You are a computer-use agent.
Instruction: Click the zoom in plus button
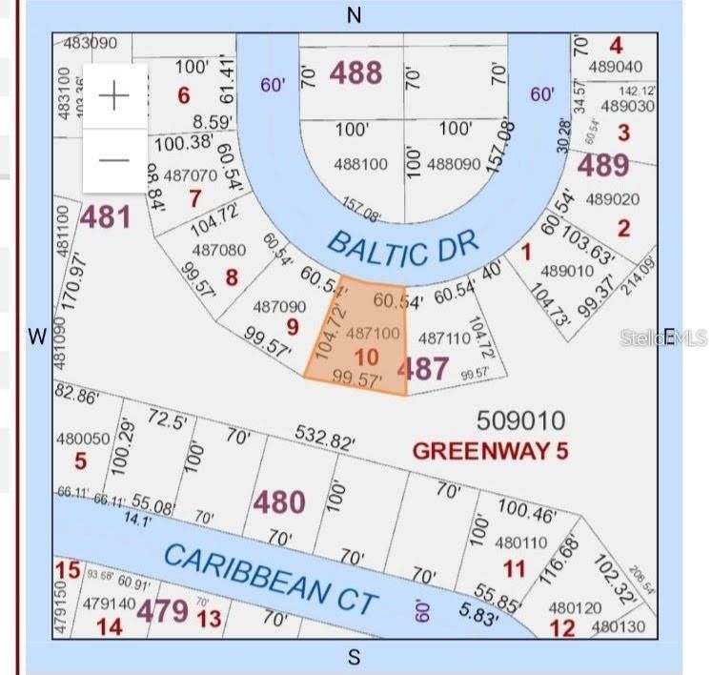click(x=114, y=96)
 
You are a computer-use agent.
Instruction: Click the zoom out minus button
click(x=114, y=159)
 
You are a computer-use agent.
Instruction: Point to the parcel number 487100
click(x=372, y=335)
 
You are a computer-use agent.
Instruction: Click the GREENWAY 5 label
click(x=490, y=450)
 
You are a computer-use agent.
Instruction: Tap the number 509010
click(x=519, y=419)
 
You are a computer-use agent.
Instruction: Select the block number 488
click(x=355, y=72)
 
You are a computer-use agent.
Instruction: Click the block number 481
click(x=105, y=217)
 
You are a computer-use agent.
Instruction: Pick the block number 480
click(x=278, y=501)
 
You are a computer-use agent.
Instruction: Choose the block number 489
click(x=604, y=165)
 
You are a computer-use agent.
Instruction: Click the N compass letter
click(x=354, y=16)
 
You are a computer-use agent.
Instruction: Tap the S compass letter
click(x=355, y=657)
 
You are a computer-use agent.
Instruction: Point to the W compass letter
click(x=37, y=336)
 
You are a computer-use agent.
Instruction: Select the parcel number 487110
click(x=444, y=337)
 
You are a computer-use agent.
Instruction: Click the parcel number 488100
click(x=361, y=164)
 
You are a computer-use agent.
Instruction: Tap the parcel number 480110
click(x=521, y=542)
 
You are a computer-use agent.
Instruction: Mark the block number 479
click(x=161, y=610)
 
